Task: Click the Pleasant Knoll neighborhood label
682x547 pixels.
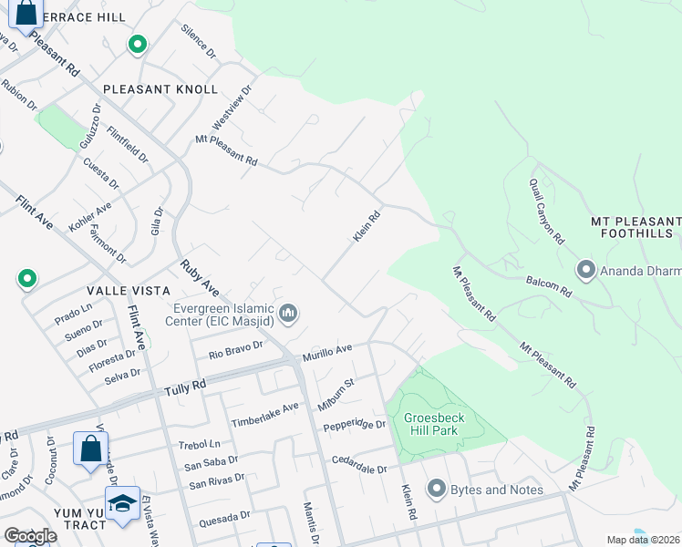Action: (x=160, y=89)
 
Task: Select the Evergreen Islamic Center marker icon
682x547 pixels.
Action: (x=289, y=315)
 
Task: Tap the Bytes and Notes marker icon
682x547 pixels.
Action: (x=436, y=490)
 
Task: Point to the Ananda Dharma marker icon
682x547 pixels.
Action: (x=585, y=270)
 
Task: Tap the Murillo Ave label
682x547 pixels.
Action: (x=327, y=351)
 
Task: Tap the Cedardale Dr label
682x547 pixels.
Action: (x=359, y=464)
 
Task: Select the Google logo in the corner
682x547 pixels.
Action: (x=31, y=536)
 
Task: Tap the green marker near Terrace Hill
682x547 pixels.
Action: (x=138, y=45)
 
